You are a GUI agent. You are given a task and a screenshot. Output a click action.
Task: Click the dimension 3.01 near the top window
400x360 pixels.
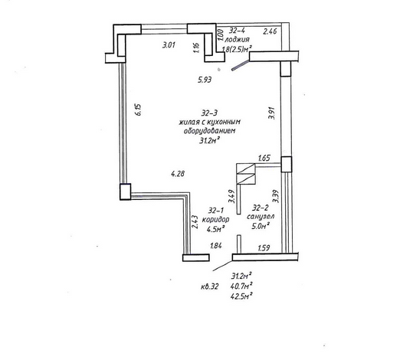tap(169, 45)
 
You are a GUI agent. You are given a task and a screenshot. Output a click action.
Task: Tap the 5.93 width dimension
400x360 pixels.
tap(205, 80)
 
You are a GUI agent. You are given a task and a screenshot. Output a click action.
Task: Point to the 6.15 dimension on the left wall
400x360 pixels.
tap(139, 110)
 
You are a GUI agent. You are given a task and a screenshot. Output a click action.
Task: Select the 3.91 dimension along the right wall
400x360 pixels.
tap(272, 113)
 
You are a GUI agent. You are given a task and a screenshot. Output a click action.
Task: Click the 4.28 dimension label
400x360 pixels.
tap(178, 174)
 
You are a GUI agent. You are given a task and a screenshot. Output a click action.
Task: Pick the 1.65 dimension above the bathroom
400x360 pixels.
tap(264, 158)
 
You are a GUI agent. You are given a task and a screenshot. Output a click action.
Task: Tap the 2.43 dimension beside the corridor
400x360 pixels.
tap(195, 222)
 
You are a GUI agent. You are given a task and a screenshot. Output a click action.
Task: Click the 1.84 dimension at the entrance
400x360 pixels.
tap(216, 246)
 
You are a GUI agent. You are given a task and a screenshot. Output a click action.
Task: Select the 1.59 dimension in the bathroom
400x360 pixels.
tap(264, 247)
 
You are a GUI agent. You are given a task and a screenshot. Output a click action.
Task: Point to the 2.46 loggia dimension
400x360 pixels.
tap(270, 31)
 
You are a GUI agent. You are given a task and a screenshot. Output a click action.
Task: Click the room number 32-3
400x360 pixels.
tap(209, 113)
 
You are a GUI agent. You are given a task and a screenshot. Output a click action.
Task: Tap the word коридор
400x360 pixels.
tap(215, 220)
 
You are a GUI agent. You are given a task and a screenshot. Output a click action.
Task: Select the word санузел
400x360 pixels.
tap(261, 217)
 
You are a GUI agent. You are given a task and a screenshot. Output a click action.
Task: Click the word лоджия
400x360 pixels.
tap(237, 40)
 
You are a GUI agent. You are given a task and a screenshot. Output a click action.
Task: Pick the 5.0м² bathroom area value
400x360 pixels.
tap(261, 226)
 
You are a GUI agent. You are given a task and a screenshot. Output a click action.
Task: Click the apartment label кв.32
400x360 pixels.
tap(210, 286)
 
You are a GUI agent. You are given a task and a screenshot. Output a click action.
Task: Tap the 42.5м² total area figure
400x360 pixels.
tap(241, 296)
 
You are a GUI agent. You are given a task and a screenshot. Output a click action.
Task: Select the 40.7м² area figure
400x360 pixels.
tap(241, 286)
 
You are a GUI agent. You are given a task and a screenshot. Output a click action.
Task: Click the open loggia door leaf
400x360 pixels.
tap(240, 65)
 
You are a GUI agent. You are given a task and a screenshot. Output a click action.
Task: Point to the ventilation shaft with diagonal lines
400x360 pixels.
tap(246, 174)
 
